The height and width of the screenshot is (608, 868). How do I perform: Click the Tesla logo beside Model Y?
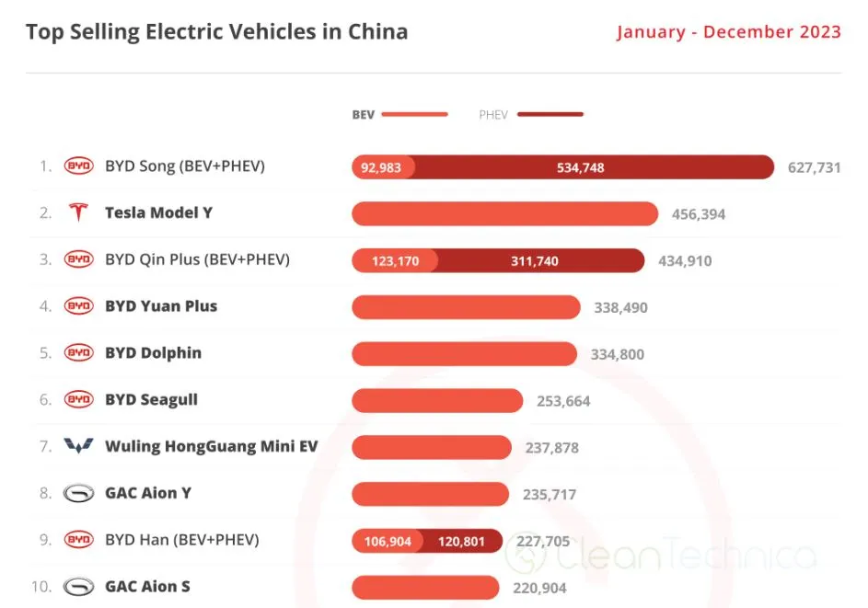(x=78, y=212)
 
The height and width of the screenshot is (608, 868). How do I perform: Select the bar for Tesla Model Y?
(x=504, y=213)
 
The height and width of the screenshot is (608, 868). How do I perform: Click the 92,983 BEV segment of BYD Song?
(x=382, y=167)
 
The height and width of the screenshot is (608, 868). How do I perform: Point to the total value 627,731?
(x=814, y=167)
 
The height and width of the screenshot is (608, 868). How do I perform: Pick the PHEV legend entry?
(x=530, y=115)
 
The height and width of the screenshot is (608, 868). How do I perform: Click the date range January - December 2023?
(x=728, y=32)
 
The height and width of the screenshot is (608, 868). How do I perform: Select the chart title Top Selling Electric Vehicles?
(x=216, y=32)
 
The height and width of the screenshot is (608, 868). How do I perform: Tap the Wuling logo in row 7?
(x=78, y=446)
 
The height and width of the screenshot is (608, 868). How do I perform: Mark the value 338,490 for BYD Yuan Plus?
(x=620, y=307)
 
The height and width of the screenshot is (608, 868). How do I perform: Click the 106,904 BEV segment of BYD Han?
(x=387, y=541)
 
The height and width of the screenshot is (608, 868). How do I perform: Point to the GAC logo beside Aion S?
(x=78, y=586)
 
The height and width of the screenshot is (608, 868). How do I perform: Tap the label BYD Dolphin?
(x=153, y=353)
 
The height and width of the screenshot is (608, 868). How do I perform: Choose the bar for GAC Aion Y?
(x=430, y=494)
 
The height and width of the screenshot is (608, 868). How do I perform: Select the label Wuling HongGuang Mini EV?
(x=211, y=446)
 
